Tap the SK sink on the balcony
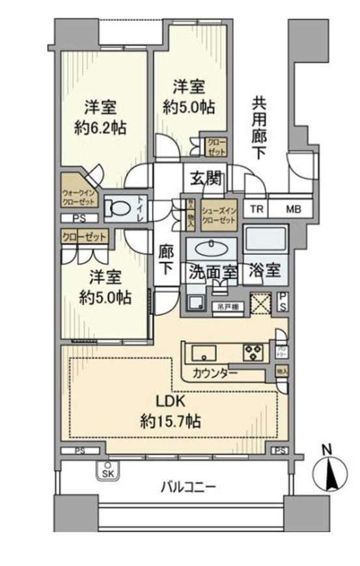(x=107, y=472)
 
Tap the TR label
(x=258, y=209)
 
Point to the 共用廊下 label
(x=259, y=128)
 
